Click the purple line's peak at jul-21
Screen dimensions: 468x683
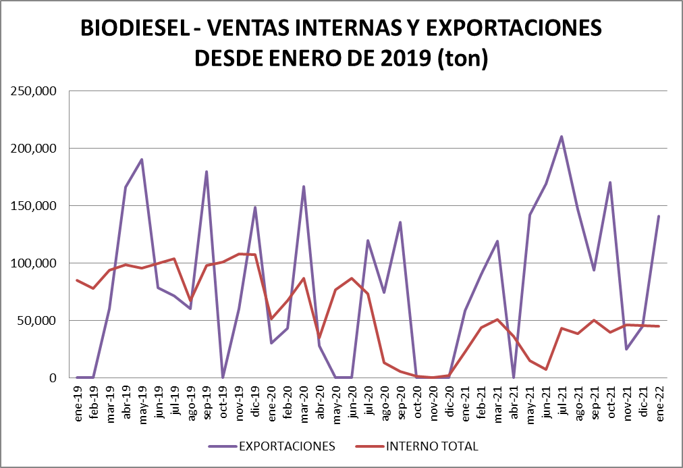click(x=562, y=136)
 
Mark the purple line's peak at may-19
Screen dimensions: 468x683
click(x=142, y=159)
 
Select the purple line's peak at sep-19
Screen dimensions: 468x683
click(x=207, y=172)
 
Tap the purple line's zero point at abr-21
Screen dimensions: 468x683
click(x=514, y=377)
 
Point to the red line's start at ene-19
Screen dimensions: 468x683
click(x=78, y=280)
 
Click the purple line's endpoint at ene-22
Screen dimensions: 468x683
click(x=659, y=216)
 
